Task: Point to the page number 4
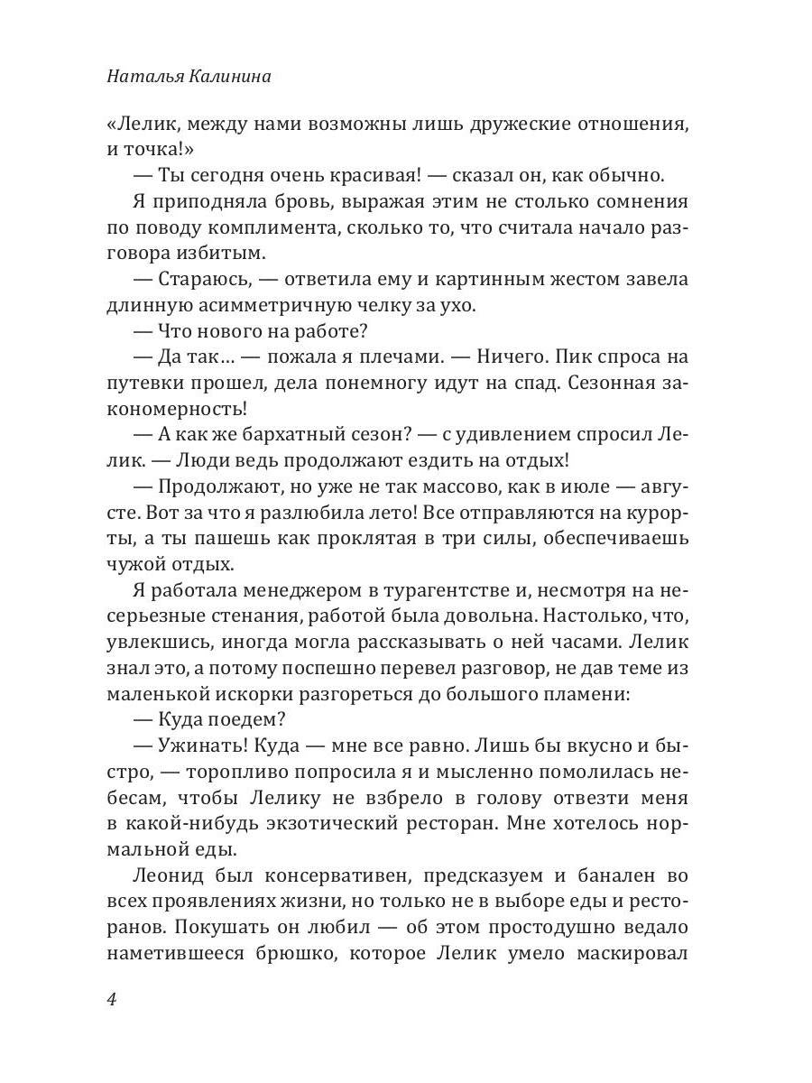112,1000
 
